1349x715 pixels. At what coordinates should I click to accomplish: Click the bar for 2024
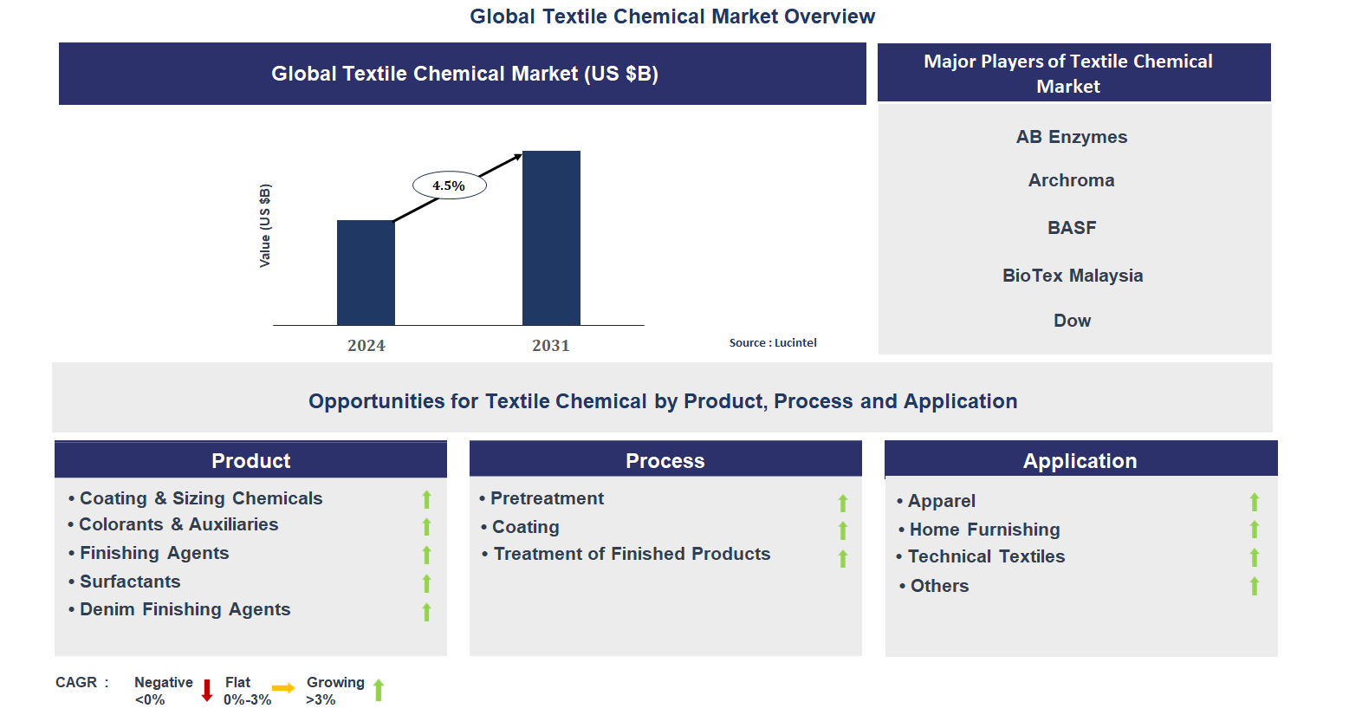click(x=366, y=272)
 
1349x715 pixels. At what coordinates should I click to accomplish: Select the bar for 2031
click(x=551, y=237)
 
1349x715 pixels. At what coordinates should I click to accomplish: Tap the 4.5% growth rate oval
click(x=449, y=185)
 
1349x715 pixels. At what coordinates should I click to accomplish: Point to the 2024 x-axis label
click(x=366, y=346)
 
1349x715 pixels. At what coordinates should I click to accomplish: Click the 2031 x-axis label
click(x=551, y=346)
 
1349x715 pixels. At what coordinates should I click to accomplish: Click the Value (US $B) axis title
click(x=265, y=225)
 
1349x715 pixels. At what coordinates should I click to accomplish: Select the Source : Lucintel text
click(x=773, y=343)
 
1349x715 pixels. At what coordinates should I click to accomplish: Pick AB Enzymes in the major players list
click(x=1072, y=137)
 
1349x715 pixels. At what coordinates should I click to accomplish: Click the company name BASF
click(x=1072, y=228)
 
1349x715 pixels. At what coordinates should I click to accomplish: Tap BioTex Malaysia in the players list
click(x=1073, y=276)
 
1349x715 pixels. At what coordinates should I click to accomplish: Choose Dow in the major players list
click(x=1072, y=321)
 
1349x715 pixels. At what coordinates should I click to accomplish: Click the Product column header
click(x=251, y=461)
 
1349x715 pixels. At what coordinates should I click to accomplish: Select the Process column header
click(x=665, y=461)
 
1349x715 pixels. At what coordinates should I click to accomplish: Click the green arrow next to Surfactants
click(x=426, y=583)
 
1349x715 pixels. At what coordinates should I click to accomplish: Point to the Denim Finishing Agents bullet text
click(x=185, y=609)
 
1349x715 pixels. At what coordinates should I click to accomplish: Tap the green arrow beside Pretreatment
click(x=842, y=503)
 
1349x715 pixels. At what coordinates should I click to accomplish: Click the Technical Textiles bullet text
click(x=986, y=556)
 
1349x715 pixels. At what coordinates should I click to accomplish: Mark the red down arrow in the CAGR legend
click(x=207, y=691)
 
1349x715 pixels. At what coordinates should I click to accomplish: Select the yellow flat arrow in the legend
click(x=283, y=688)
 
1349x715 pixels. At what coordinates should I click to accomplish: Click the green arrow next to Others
click(x=1254, y=587)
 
